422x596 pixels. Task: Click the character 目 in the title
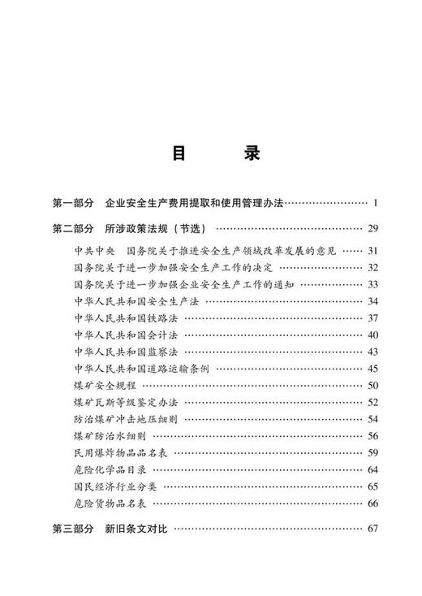click(179, 153)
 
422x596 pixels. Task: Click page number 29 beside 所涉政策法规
click(373, 227)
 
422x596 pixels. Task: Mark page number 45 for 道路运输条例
click(373, 369)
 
